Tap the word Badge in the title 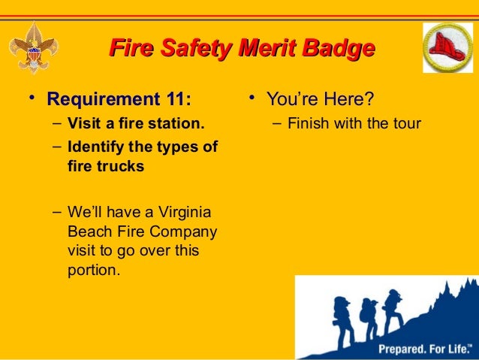336,50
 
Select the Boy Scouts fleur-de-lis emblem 31,49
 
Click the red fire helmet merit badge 447,47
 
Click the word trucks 118,166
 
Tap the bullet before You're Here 254,98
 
